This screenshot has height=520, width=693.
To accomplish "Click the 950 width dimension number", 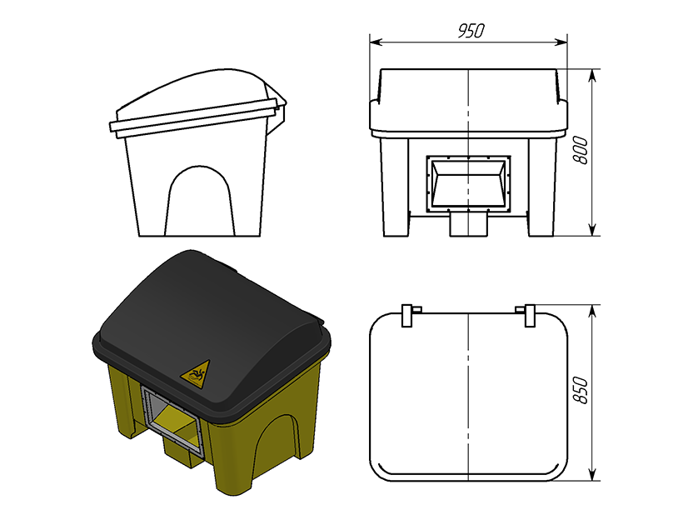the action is [x=471, y=31].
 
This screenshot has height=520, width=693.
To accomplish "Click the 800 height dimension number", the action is [x=581, y=151].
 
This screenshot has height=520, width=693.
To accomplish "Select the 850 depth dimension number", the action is [x=581, y=390].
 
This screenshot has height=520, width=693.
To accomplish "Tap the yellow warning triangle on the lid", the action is [x=197, y=374].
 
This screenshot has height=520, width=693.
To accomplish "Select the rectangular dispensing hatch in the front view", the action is [x=468, y=183].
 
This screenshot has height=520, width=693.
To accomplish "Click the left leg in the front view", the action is [x=396, y=187].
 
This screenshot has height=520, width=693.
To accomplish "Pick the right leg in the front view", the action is [x=542, y=187].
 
